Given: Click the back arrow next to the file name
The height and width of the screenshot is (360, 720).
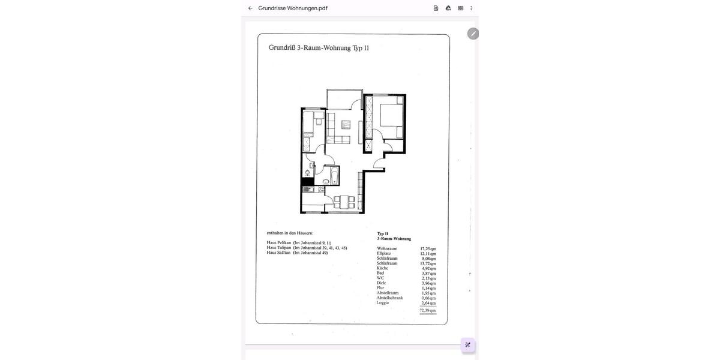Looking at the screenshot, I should tap(250, 8).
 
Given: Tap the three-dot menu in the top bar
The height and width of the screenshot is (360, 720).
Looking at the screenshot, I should tap(471, 8).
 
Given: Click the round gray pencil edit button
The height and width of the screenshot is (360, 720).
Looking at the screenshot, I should tap(473, 34).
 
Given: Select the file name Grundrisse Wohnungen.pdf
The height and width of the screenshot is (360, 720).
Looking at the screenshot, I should tap(293, 8).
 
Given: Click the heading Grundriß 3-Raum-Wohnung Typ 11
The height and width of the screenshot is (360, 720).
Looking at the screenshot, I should tap(319, 48).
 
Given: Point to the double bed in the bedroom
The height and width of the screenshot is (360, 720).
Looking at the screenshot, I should tap(391, 115).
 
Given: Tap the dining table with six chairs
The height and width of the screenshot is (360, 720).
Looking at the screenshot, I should tap(344, 202).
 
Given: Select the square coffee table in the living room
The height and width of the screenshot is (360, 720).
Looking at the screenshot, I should tap(346, 125).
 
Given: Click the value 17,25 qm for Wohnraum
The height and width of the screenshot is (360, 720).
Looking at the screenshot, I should tap(428, 249).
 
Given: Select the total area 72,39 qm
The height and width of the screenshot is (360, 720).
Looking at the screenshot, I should tap(428, 311).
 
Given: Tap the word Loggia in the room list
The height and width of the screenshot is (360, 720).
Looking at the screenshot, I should tap(383, 303).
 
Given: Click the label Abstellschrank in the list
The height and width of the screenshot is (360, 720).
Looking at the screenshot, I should tap(389, 298).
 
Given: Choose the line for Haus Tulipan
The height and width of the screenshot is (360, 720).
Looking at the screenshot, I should tap(307, 248).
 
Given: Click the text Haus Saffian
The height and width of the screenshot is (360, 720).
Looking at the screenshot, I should tap(278, 253).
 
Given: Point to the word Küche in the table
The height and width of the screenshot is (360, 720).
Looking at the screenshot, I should tap(382, 268).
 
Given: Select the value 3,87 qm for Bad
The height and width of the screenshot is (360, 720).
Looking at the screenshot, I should tap(428, 274).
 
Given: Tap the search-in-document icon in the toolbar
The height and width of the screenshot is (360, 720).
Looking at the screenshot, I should tap(436, 8).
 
